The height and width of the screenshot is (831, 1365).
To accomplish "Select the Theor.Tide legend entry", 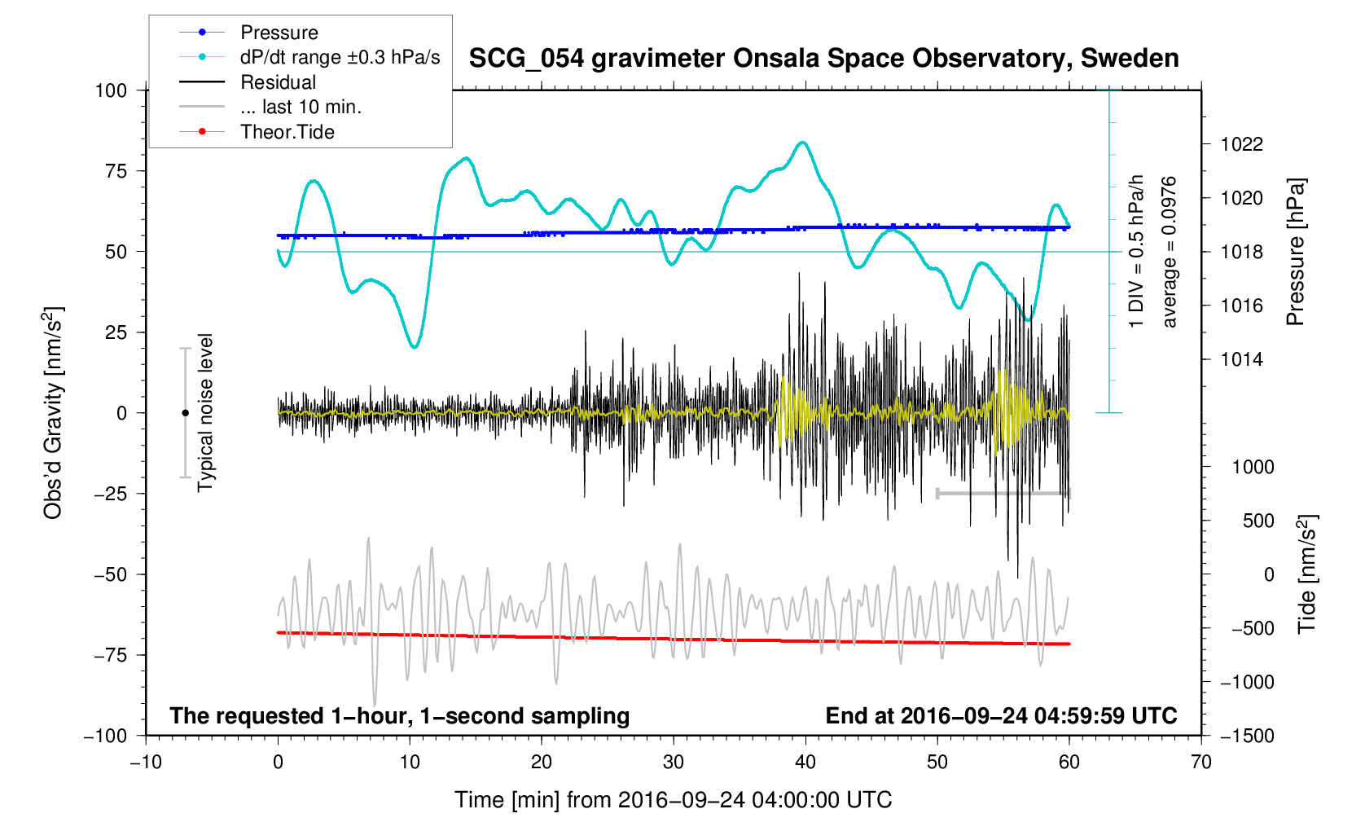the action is pos(257,132).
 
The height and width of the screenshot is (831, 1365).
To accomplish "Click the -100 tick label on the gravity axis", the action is pos(105,736).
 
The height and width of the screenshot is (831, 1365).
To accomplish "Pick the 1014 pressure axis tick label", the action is pos(1242,359).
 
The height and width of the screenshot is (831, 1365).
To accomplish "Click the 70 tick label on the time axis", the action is pos(1201,762).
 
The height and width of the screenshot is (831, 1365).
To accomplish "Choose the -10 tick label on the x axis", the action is pos(147,762).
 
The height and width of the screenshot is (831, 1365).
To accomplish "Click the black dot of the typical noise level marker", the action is pos(186,413).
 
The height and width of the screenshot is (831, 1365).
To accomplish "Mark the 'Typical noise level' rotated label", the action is pos(206,413).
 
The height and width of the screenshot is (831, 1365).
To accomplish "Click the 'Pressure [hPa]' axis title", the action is pos(1296,252).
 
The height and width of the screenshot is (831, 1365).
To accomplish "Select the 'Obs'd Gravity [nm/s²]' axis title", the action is pos(52,413).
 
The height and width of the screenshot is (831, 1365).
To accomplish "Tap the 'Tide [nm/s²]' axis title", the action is pos(1306,574).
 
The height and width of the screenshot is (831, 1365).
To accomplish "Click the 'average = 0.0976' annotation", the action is pos(1169,252).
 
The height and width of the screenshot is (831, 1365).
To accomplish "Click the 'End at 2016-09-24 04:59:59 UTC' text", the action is pos(1001,716).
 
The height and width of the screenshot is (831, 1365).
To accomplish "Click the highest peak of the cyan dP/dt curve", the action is pos(803,143).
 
